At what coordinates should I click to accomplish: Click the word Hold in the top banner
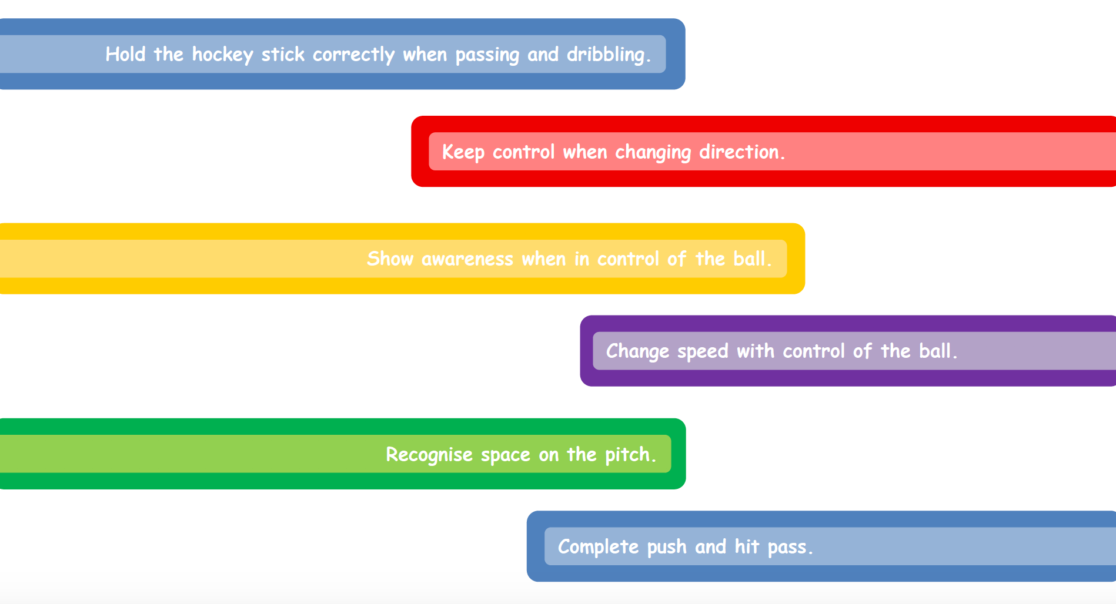125,54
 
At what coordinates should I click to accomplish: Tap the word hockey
222,55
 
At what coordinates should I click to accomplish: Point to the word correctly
353,55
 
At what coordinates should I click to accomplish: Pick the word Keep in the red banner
463,153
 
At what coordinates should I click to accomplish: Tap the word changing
653,153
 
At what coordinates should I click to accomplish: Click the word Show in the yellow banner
390,259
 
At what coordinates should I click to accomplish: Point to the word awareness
467,259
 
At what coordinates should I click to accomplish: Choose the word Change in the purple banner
637,352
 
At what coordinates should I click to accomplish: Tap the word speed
703,352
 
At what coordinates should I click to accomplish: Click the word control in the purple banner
814,351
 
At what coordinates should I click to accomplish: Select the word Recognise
429,455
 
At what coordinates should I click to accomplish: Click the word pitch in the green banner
627,455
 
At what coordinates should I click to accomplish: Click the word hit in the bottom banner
747,546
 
